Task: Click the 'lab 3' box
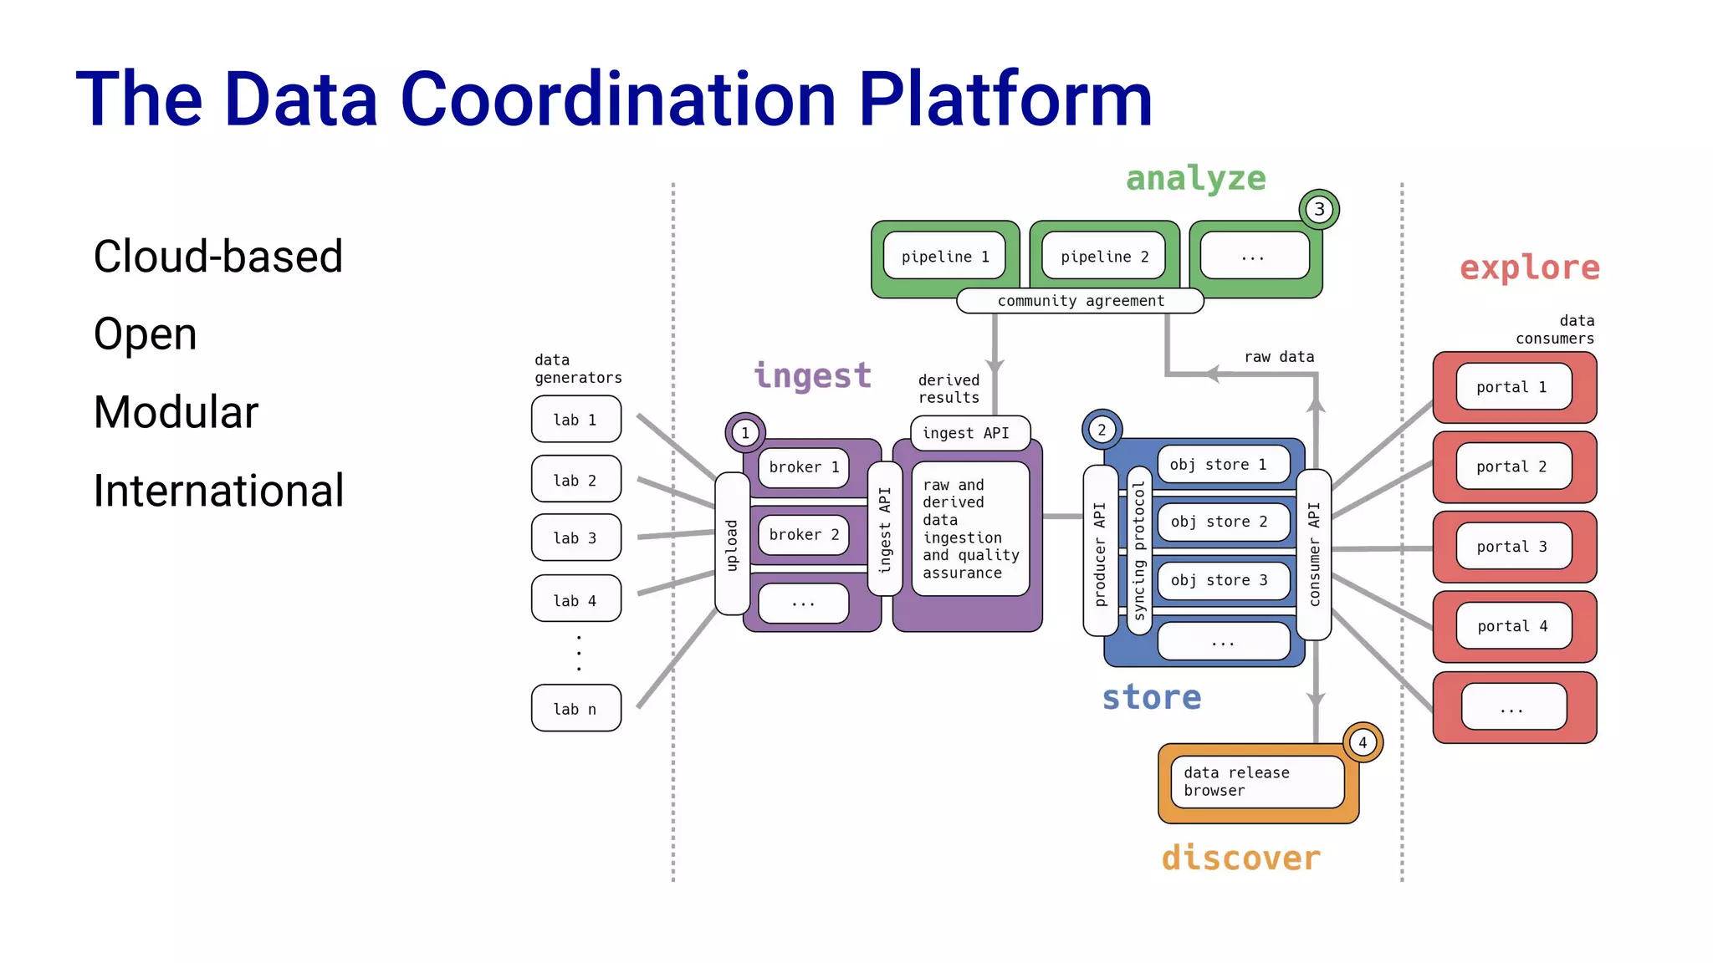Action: [x=575, y=538]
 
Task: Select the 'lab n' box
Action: [x=575, y=708]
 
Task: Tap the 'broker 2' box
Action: [x=803, y=535]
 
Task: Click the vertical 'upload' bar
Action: [x=732, y=544]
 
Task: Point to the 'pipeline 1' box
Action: [x=944, y=257]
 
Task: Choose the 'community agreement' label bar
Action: [x=1080, y=301]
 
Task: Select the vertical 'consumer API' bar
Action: [x=1313, y=554]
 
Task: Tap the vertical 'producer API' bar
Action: [x=1100, y=552]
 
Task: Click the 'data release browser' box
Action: [x=1256, y=782]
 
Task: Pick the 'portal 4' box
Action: [x=1512, y=626]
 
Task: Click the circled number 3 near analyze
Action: [x=1319, y=209]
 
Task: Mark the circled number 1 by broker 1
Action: [x=745, y=433]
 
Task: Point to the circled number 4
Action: [x=1363, y=742]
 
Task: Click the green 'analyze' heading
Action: [x=1195, y=179]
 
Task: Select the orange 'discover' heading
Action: [x=1240, y=859]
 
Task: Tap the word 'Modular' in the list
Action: [x=176, y=412]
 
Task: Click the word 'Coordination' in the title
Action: [x=619, y=99]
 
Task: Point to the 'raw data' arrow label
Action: [x=1279, y=357]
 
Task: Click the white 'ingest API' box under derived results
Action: [x=966, y=433]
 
